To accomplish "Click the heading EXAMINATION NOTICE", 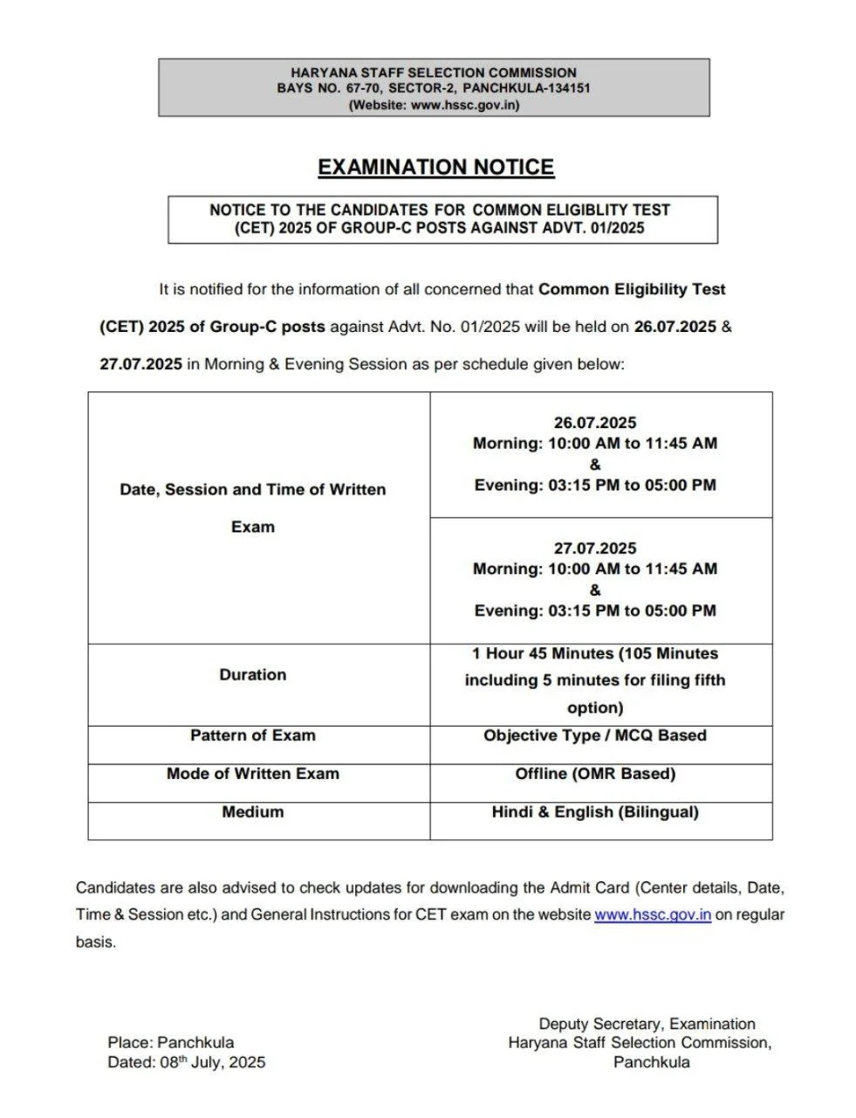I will [435, 167].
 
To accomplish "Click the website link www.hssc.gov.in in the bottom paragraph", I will [653, 914].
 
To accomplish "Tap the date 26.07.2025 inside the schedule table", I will [595, 423].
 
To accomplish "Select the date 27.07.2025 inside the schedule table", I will [595, 549].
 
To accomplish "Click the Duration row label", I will [253, 674].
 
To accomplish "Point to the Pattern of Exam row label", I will [253, 735].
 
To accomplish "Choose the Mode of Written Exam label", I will [253, 774].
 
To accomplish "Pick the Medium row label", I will [253, 812].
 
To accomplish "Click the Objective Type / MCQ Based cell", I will [595, 735].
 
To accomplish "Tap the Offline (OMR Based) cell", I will [595, 774].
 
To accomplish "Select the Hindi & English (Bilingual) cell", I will [595, 812].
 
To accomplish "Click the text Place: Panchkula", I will [171, 1042].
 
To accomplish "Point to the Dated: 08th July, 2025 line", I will [187, 1062].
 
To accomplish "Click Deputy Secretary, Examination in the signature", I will [647, 1024].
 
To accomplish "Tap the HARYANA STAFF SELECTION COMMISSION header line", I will [434, 72].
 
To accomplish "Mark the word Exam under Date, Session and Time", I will [253, 528].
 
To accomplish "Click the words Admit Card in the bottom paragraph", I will [589, 888].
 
